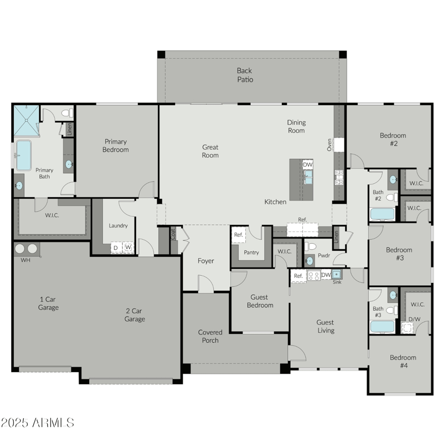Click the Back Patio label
(245, 75)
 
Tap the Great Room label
(210, 151)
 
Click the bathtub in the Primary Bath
(23, 156)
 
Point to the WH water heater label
(25, 260)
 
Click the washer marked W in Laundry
(128, 247)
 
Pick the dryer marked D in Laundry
(116, 247)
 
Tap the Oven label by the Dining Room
(329, 145)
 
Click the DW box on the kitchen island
(307, 164)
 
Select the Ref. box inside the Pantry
(239, 235)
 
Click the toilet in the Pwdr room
(311, 246)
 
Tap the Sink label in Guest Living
(337, 282)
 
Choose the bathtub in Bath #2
(382, 214)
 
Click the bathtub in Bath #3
(382, 327)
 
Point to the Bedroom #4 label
(402, 361)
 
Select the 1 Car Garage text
(48, 303)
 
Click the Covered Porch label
(210, 336)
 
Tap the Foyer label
(206, 261)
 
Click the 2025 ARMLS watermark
(37, 423)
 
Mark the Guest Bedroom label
(260, 301)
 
